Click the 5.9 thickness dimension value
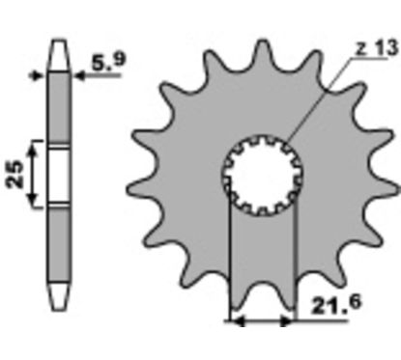pos(108,61)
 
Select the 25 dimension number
pos(14,174)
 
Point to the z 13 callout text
pos(377,48)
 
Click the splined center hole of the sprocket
pos(263,176)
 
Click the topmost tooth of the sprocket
pos(263,55)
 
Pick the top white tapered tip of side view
pos(59,55)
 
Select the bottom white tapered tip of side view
pos(59,296)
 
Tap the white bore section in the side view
pos(59,176)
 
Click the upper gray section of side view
pos(59,107)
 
